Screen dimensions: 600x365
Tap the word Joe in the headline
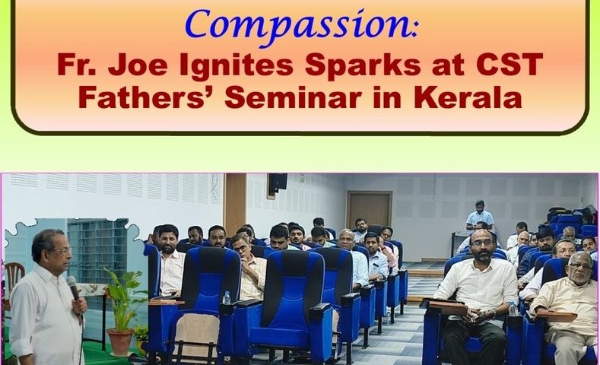tap(138, 65)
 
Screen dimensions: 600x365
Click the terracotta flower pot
tap(121, 342)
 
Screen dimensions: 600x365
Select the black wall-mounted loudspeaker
tap(277, 183)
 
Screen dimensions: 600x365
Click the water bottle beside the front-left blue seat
tap(227, 297)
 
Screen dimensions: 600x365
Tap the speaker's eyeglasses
tap(62, 251)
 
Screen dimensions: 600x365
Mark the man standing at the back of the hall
tap(480, 217)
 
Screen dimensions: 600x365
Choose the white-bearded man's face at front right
tap(579, 270)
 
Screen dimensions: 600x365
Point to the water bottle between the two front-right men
tap(513, 309)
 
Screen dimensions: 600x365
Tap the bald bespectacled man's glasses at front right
tap(482, 242)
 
